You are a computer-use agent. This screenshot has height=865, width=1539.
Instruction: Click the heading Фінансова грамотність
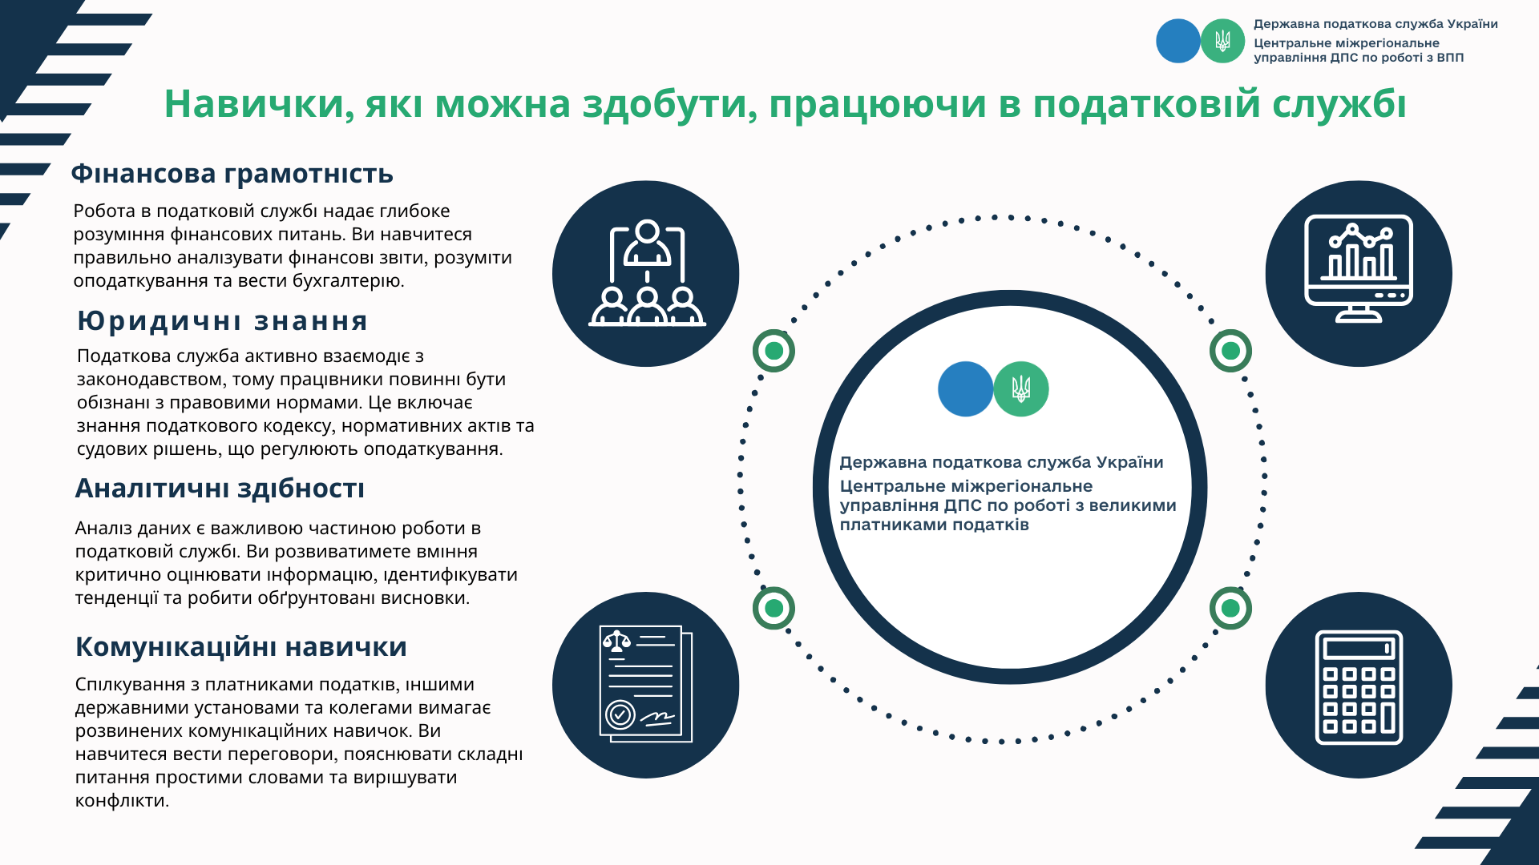[x=232, y=174]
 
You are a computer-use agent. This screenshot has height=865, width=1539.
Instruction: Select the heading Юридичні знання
[x=222, y=320]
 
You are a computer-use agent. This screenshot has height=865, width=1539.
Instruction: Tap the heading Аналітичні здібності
[x=220, y=488]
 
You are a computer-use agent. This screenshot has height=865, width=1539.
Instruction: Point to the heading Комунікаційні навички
[x=240, y=646]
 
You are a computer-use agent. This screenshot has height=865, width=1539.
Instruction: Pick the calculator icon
[x=1359, y=687]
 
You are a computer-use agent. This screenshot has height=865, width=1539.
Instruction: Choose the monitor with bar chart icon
[x=1359, y=268]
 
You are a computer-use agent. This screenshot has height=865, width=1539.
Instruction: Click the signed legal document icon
[x=645, y=684]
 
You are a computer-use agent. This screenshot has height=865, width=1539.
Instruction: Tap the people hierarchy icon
[x=646, y=273]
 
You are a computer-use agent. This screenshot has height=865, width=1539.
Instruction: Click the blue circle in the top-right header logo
[x=1177, y=41]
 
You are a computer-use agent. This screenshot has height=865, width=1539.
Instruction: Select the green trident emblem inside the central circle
[x=1021, y=389]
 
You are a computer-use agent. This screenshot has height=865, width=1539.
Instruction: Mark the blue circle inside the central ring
[x=965, y=389]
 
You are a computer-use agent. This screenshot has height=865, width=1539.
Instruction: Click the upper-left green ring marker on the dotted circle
[x=774, y=351]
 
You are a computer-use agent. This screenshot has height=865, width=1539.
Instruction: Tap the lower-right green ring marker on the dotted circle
[x=1230, y=609]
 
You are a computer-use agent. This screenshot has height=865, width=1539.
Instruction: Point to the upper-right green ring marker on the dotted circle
[x=1230, y=351]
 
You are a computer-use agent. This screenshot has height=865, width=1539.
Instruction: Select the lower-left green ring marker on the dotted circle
[x=774, y=609]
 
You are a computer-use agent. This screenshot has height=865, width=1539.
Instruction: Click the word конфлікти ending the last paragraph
[x=122, y=801]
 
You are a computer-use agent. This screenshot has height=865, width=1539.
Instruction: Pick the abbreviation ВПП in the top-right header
[x=1450, y=58]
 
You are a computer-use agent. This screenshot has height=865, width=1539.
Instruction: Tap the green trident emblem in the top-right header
[x=1222, y=41]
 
